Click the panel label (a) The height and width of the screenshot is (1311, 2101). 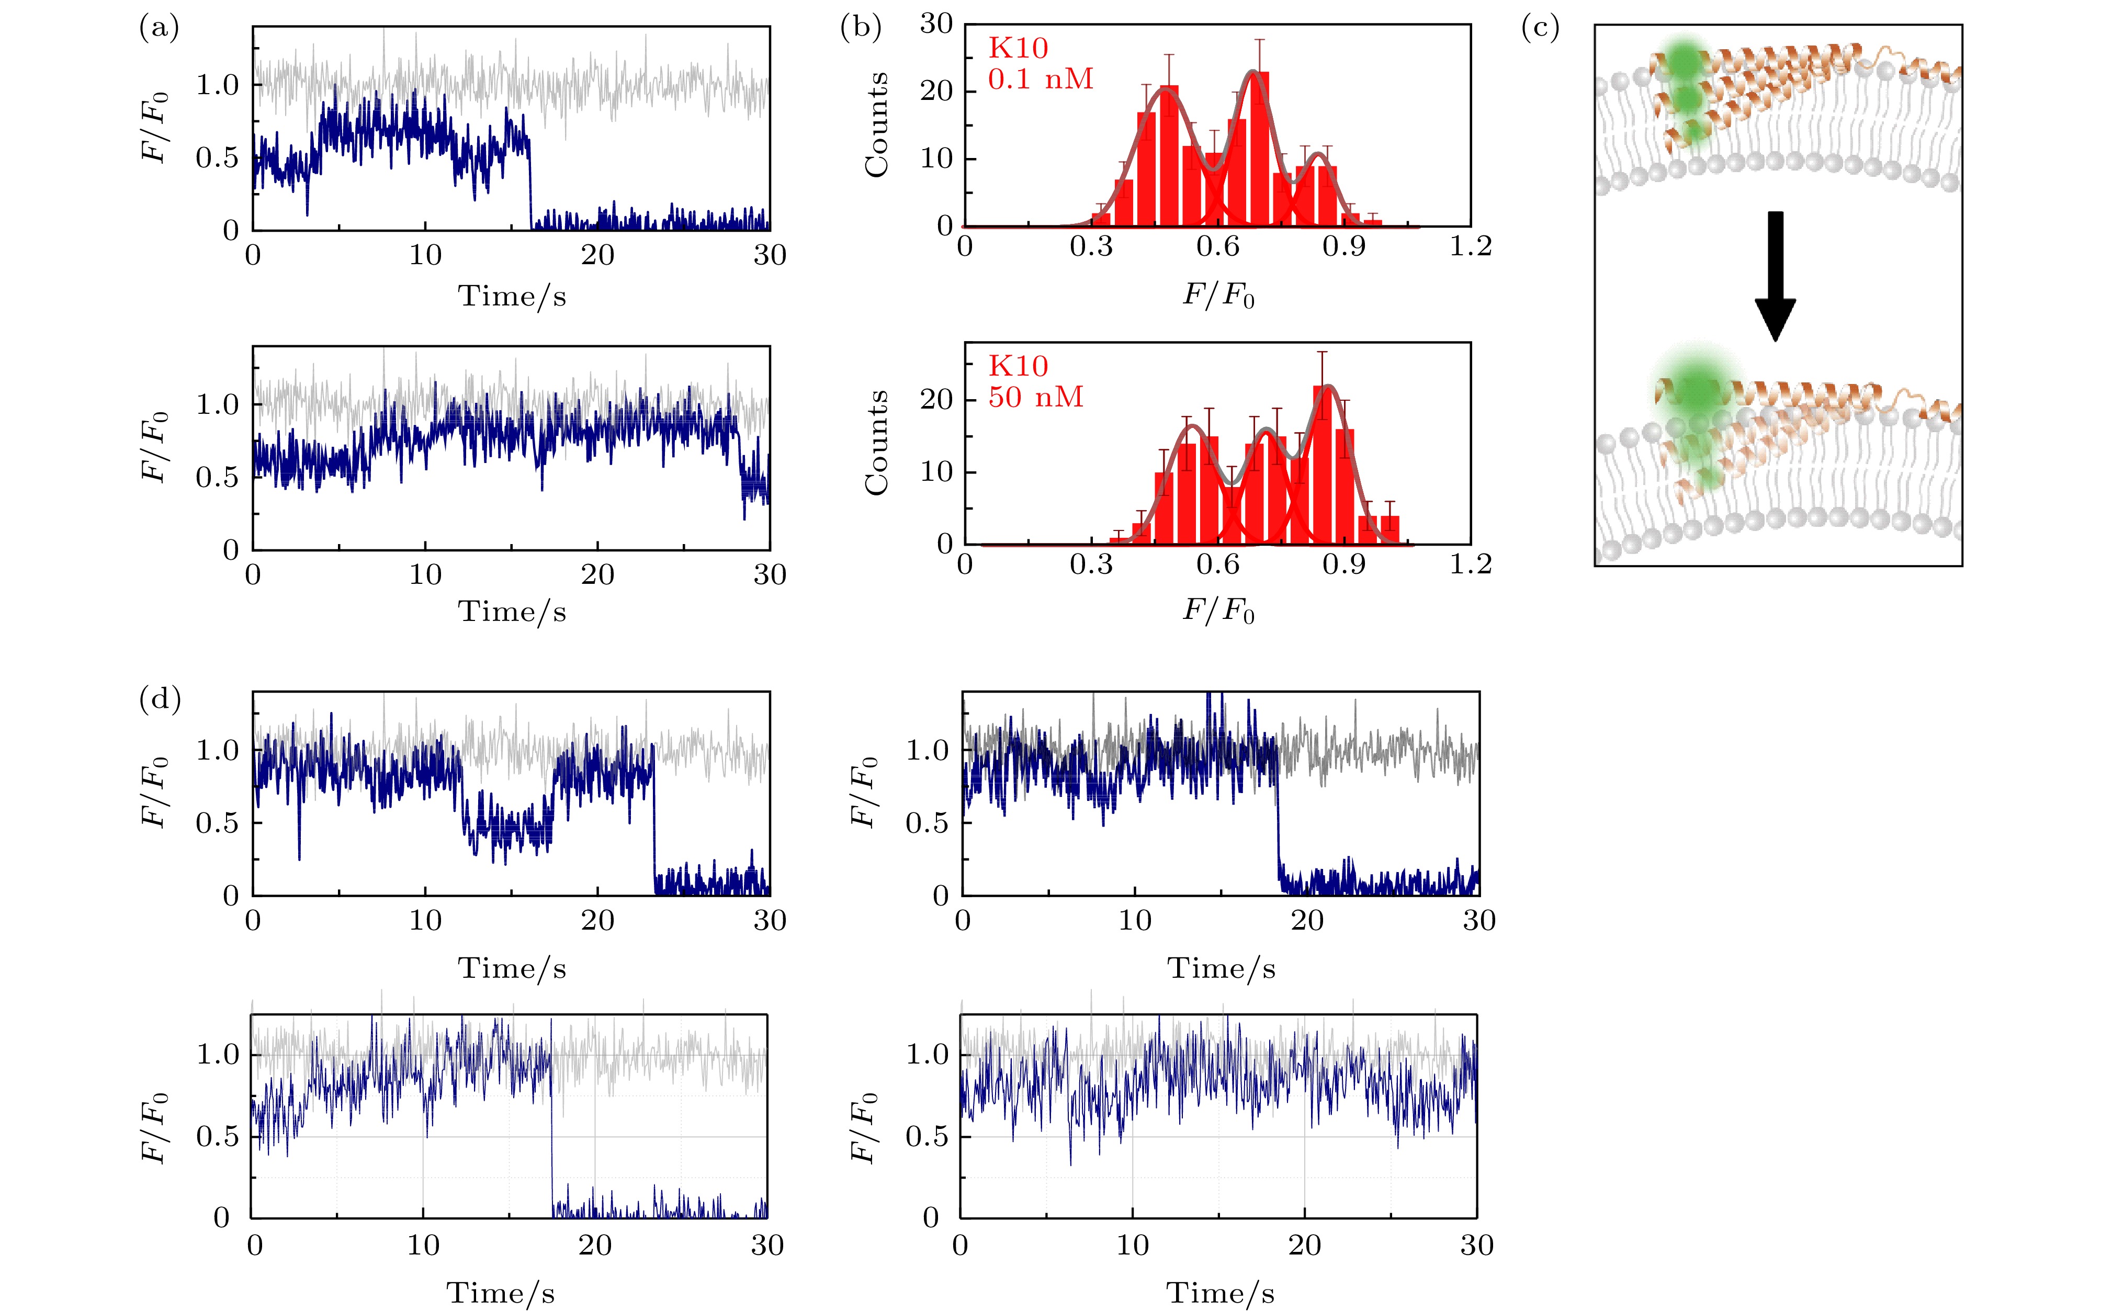159,29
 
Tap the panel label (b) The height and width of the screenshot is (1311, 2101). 860,29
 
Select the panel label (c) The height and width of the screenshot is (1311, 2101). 1540,29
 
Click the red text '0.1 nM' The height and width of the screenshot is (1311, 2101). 1041,80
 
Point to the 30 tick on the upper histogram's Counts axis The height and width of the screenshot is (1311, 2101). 936,24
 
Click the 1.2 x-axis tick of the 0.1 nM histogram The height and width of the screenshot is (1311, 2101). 1471,247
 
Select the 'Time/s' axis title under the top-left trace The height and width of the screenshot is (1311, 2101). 512,297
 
